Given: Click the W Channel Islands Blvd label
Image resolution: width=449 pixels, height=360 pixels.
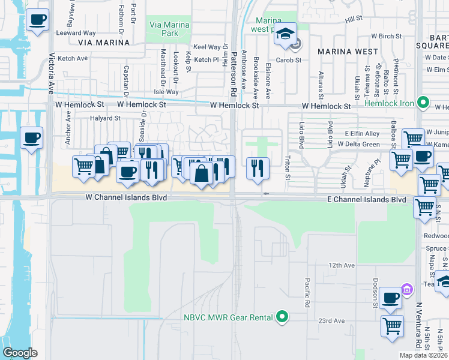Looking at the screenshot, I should pyautogui.click(x=126, y=197).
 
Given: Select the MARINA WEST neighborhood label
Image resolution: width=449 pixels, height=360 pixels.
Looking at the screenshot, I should pyautogui.click(x=348, y=52).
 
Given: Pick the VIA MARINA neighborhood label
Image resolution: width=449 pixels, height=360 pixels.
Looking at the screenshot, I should pyautogui.click(x=104, y=43).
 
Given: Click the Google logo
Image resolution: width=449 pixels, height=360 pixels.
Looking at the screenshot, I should pyautogui.click(x=20, y=353).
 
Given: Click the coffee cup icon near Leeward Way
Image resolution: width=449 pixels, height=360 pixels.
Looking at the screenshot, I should pyautogui.click(x=38, y=20).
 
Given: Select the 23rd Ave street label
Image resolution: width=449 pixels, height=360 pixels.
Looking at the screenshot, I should pyautogui.click(x=331, y=321).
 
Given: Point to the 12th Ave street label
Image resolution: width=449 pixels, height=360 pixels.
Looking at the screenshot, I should pyautogui.click(x=342, y=265).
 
